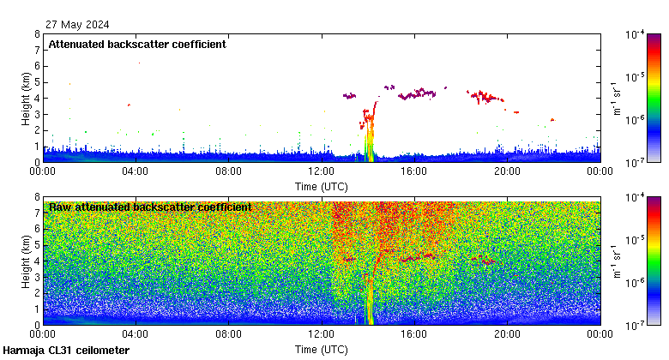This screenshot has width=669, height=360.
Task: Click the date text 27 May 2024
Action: coord(78,25)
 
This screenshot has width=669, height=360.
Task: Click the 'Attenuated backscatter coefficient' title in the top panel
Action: coord(137,45)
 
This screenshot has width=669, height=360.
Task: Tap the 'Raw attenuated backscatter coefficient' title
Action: coord(150,207)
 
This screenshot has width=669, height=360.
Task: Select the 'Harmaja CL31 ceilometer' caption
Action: coord(66,351)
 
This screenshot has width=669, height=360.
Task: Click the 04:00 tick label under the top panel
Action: coord(136,171)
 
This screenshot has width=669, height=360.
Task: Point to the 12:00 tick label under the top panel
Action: coord(321,171)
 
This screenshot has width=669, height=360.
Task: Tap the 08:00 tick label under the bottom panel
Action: coord(228,333)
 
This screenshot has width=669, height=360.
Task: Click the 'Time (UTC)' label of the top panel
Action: coord(321,186)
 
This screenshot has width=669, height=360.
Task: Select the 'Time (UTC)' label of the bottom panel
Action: coord(321,349)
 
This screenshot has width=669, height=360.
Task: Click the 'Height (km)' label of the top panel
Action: coord(27,98)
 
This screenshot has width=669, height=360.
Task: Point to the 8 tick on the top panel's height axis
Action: coord(37,34)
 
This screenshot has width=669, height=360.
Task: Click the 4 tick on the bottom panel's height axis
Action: coord(37,261)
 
